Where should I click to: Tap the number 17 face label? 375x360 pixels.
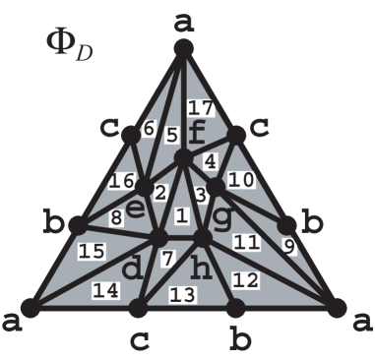tap(200, 107)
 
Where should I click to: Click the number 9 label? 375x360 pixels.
tap(289, 247)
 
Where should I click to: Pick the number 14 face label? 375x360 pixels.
tap(101, 290)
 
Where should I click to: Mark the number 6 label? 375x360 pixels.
tap(150, 128)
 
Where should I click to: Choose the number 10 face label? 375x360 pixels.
tap(244, 179)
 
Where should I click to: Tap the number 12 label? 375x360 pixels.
tap(246, 280)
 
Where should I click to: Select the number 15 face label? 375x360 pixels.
tap(93, 253)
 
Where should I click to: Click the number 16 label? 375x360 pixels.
tap(121, 183)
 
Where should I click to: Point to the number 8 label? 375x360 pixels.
tap(115, 219)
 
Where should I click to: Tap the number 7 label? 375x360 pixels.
tap(167, 258)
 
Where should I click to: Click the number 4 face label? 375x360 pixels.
tap(210, 158)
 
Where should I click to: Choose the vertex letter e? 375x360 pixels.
tap(136, 208)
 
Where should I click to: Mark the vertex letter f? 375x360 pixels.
tap(198, 132)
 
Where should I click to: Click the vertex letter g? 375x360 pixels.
tap(223, 214)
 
